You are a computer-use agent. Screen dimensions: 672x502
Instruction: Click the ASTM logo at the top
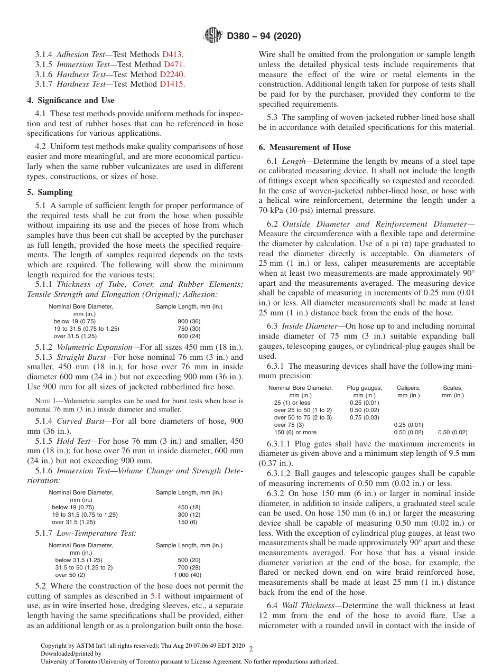[213, 36]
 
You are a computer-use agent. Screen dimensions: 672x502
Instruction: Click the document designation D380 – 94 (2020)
[263, 36]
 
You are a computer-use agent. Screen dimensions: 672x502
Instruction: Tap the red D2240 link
[172, 74]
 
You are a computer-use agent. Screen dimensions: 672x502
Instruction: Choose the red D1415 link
[172, 84]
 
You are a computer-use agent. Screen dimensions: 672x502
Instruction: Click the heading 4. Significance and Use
[71, 100]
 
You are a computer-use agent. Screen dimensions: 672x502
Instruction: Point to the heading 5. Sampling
[50, 192]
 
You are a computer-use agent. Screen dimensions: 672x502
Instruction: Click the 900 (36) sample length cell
[189, 321]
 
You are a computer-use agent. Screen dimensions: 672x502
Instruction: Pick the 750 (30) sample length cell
[189, 329]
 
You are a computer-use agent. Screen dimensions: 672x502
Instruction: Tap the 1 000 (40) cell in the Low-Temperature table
[188, 575]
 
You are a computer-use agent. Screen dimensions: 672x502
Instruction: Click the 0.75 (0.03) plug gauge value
[364, 417]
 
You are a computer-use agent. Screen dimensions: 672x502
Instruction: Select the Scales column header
[453, 388]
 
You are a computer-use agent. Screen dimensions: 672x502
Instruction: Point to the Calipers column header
[408, 388]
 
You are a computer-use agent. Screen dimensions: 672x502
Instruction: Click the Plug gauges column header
[364, 388]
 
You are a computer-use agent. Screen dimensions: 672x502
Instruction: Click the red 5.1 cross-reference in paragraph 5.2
[156, 596]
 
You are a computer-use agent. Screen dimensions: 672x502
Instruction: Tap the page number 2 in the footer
[250, 649]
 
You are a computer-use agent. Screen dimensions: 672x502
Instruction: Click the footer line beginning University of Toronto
[189, 661]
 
